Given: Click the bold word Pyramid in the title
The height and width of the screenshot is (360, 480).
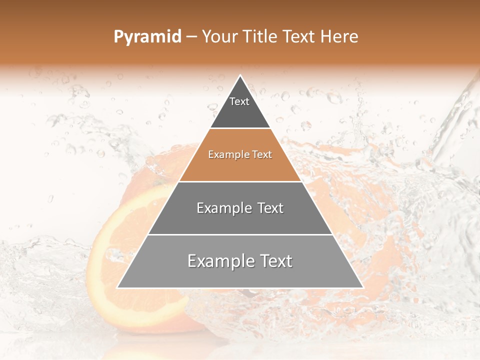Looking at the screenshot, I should pyautogui.click(x=147, y=37).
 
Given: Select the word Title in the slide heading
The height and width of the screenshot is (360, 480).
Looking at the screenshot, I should pyautogui.click(x=260, y=37).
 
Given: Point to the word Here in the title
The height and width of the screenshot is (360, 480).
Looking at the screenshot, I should pyautogui.click(x=340, y=37).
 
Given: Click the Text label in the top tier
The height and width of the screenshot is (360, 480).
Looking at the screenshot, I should pyautogui.click(x=239, y=101).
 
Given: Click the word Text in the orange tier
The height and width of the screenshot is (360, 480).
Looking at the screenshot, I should pyautogui.click(x=261, y=155).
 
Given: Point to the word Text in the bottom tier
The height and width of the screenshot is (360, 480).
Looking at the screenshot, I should pyautogui.click(x=273, y=261).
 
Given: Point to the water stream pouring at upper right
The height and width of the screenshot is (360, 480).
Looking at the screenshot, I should pyautogui.click(x=452, y=120).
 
